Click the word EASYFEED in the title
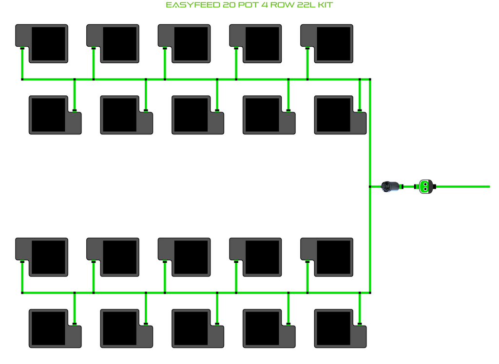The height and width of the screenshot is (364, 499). click(193, 5)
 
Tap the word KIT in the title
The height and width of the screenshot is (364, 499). click(325, 5)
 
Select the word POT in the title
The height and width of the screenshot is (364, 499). click(248, 5)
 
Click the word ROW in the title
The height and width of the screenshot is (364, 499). click(282, 5)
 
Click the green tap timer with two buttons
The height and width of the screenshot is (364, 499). click(425, 186)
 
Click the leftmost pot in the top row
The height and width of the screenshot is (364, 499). click(42, 43)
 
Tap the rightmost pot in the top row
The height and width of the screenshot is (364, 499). click(327, 43)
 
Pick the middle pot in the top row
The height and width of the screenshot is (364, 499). click(184, 43)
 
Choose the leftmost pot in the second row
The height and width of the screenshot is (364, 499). click(55, 115)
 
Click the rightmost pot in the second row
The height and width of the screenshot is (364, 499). click(340, 115)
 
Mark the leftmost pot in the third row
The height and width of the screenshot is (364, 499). click(42, 257)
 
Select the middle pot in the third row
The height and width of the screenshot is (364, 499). click(184, 257)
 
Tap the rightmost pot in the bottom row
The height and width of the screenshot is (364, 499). click(340, 328)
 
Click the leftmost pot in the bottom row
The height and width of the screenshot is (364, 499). click(55, 328)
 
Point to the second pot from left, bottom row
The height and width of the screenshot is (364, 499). click(126, 328)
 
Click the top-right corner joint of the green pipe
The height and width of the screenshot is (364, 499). click(370, 79)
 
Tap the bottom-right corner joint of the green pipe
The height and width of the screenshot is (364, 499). click(370, 293)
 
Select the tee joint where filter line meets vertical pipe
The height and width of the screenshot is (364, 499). click(370, 186)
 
